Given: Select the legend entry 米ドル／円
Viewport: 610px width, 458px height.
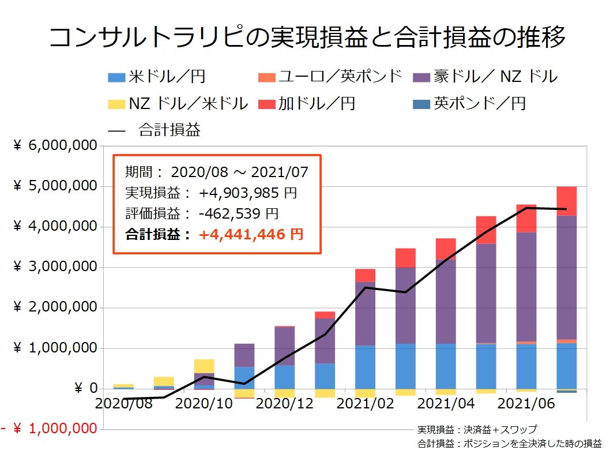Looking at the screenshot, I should click(x=157, y=76).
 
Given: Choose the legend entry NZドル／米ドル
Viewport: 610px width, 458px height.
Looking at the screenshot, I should click(x=178, y=104).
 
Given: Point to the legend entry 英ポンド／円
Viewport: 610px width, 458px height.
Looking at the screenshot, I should click(x=470, y=104).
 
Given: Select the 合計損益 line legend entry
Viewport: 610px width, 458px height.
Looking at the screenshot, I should click(x=155, y=130).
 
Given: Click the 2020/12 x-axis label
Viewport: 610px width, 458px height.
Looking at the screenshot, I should click(x=285, y=403).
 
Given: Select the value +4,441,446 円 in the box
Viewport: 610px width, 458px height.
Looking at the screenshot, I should click(x=251, y=234).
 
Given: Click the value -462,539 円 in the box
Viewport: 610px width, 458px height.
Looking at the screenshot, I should click(x=238, y=214).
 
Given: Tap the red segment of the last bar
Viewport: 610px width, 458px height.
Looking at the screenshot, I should click(x=566, y=201).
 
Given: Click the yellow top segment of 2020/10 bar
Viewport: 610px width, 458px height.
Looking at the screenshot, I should click(x=204, y=366).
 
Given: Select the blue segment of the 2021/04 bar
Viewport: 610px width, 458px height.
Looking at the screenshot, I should click(x=446, y=366).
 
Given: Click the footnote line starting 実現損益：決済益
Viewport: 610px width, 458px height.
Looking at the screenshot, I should click(x=476, y=430).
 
